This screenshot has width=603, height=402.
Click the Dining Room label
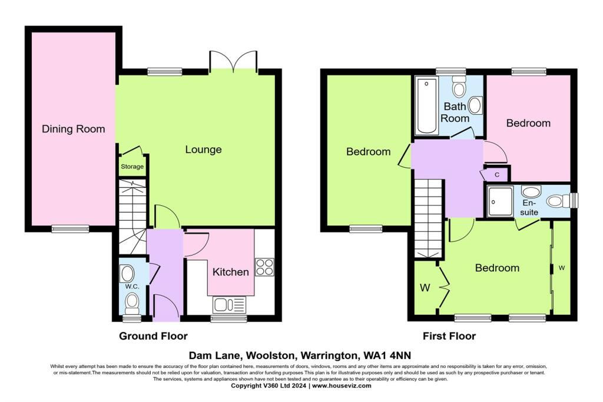click(x=74, y=129)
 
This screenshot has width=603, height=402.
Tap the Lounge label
click(x=203, y=149)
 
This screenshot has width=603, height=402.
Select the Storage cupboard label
click(x=132, y=167)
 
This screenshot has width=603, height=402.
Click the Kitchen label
click(x=230, y=272)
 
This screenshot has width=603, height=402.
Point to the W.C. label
click(x=131, y=287)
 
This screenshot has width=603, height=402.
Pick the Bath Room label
click(x=456, y=112)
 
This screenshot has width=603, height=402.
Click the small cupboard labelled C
click(x=496, y=175)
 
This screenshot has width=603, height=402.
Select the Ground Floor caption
click(x=153, y=336)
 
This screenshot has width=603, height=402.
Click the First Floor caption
click(x=449, y=336)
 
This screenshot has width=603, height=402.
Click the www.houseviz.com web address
click(x=342, y=386)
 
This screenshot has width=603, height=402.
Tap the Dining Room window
click(x=70, y=228)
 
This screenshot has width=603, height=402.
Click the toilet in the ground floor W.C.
click(x=132, y=303)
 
